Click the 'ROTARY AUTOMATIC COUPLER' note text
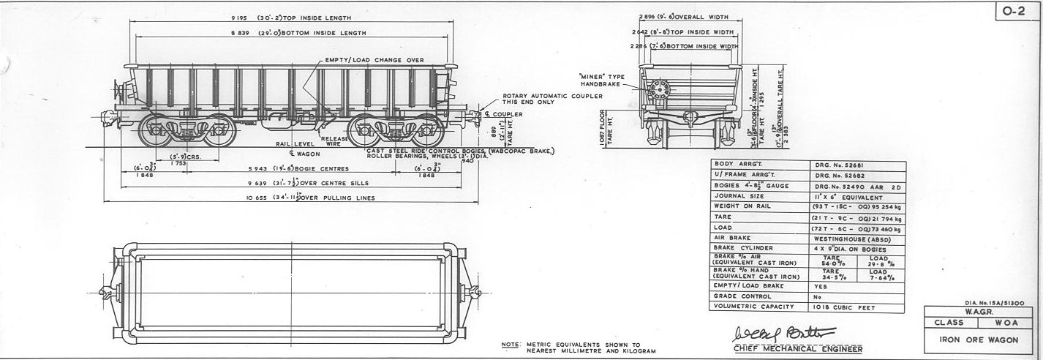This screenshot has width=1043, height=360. (x=552, y=97)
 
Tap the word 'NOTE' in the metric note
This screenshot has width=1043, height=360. (x=508, y=344)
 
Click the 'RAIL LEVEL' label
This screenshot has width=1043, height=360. (x=292, y=144)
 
